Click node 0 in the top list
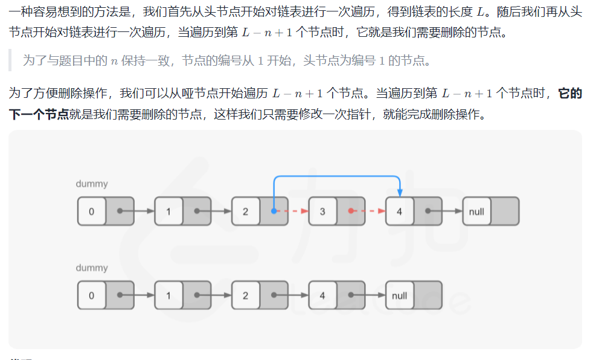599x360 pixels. coord(91,211)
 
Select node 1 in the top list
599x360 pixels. coord(168,211)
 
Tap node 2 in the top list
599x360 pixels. coord(245,211)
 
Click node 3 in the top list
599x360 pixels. coord(322,211)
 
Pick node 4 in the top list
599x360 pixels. coord(399,211)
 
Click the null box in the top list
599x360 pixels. coord(476,211)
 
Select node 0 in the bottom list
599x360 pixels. coord(91,296)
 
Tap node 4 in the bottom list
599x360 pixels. coord(322,296)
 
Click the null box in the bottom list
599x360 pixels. coord(399,296)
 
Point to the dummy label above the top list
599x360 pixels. coord(92,183)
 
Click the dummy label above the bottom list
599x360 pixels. coord(92,268)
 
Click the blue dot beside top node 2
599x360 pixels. coord(274,211)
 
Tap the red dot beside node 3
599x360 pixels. coord(351,211)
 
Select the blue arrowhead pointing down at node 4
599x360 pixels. coord(399,191)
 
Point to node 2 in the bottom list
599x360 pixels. coord(245,296)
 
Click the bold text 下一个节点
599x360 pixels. coord(39,114)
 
